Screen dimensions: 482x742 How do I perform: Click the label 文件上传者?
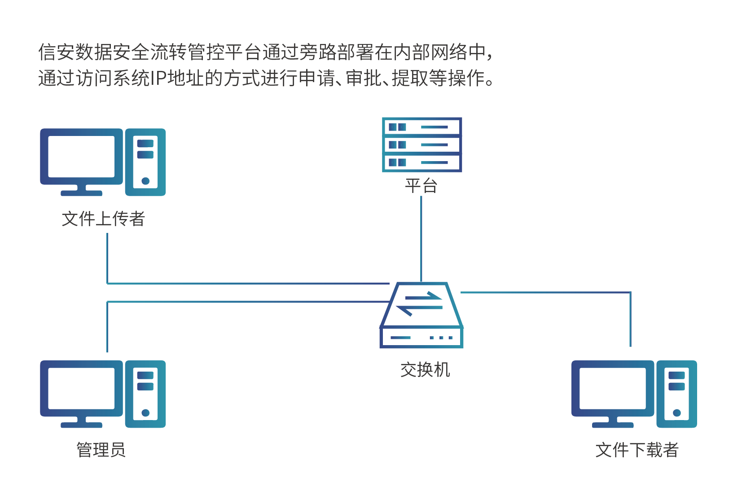tap(103, 219)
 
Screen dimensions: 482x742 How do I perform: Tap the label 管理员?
tap(101, 450)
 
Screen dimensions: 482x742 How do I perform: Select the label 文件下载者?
tap(637, 450)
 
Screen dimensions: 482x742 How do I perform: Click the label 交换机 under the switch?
tap(425, 370)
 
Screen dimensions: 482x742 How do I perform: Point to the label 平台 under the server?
tap(421, 185)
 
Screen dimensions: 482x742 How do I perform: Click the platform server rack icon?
tap(421, 145)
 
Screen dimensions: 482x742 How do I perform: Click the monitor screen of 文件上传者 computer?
tap(81, 157)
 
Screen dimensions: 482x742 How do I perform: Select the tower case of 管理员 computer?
tap(145, 394)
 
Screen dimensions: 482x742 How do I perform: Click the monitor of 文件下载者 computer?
tap(612, 389)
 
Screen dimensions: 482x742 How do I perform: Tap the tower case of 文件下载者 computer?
tap(676, 394)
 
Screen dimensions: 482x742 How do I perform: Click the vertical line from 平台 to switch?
tap(421, 238)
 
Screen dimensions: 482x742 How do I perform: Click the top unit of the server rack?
tap(421, 127)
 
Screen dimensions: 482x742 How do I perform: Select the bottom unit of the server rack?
tap(421, 162)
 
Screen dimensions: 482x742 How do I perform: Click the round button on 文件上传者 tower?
tap(145, 181)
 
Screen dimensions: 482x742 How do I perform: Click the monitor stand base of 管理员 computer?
tap(81, 425)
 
